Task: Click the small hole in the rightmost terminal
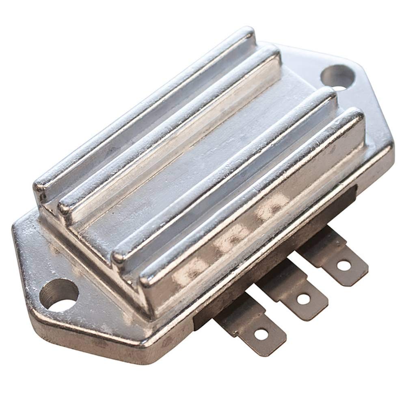[344, 266]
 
